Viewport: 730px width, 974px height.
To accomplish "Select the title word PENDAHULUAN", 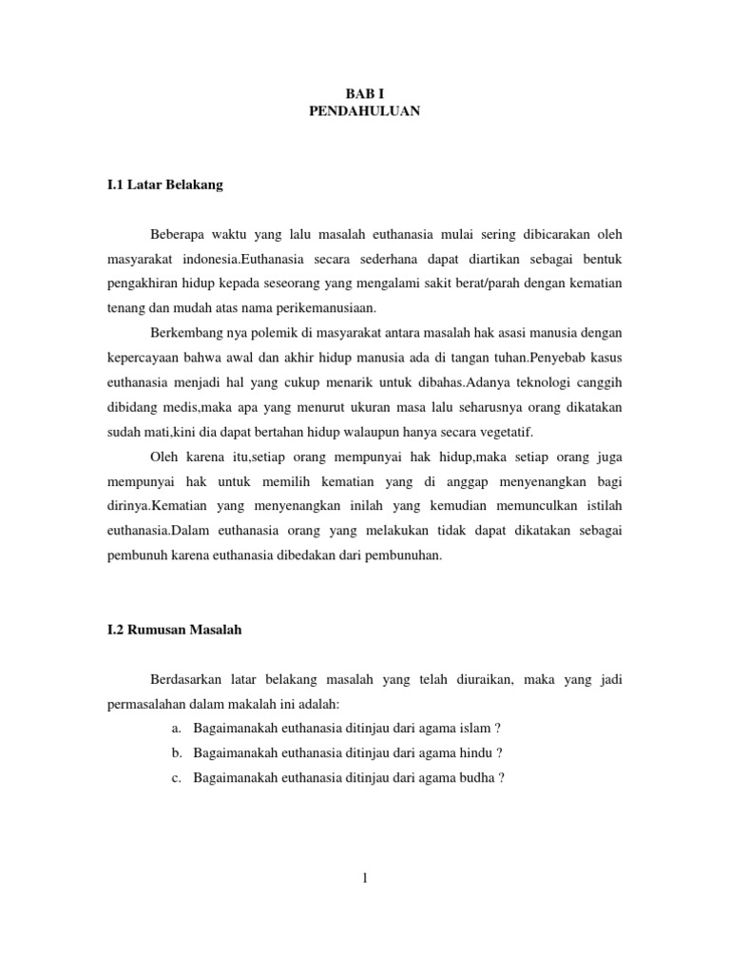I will click(364, 111).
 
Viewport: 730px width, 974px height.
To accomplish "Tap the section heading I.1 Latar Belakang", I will click(165, 185).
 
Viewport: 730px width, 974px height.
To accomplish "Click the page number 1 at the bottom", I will click(364, 877).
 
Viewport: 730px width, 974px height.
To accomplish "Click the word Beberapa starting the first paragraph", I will click(179, 234).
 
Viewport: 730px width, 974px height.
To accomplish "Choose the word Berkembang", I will click(184, 333).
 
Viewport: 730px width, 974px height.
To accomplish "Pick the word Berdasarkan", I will click(186, 679).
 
